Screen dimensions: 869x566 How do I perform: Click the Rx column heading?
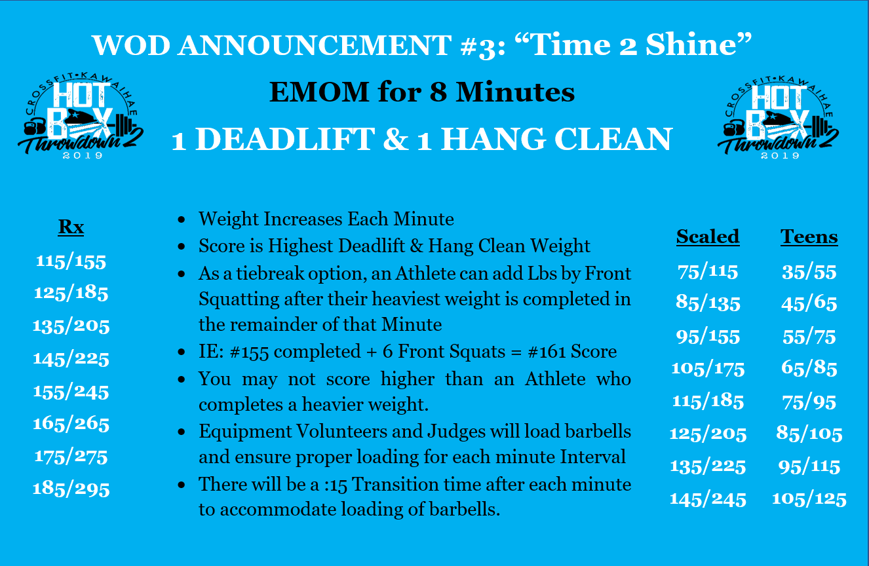(x=71, y=227)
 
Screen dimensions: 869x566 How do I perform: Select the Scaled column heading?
(x=708, y=236)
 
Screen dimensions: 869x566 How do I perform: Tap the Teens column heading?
(x=809, y=236)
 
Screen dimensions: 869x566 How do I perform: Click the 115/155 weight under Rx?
(x=71, y=261)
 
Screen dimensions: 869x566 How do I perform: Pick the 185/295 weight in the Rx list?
(x=71, y=489)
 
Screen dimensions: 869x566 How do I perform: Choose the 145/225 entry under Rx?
(x=71, y=359)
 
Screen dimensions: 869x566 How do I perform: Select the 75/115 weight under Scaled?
(x=708, y=271)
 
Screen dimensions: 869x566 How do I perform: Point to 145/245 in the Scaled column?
(x=708, y=499)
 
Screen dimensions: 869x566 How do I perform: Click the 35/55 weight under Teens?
(x=809, y=272)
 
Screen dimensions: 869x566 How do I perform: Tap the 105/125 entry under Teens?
(x=809, y=499)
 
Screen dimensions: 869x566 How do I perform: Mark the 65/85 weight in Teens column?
(x=809, y=368)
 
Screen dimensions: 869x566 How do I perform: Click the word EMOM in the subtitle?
(x=319, y=92)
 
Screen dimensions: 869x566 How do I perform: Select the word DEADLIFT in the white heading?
(x=285, y=140)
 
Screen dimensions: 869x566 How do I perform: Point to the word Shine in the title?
(x=691, y=45)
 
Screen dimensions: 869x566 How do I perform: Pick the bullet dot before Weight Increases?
(x=181, y=220)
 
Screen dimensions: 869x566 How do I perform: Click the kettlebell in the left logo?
(x=34, y=127)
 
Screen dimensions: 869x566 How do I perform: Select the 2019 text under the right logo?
(x=780, y=156)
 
